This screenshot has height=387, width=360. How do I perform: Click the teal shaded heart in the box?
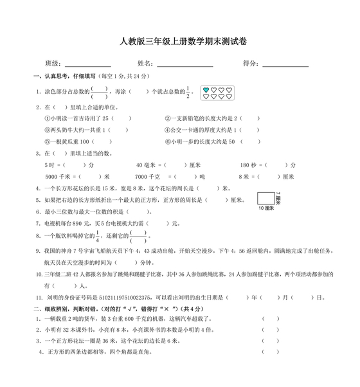(x=206, y=89)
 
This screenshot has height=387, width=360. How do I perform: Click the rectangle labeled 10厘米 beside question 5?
(x=265, y=197)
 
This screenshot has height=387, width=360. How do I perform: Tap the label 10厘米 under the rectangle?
(x=266, y=208)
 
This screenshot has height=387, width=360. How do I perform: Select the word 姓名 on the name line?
(x=145, y=64)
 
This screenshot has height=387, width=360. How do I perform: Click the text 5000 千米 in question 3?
(x=54, y=175)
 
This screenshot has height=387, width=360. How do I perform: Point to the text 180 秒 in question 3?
(x=248, y=165)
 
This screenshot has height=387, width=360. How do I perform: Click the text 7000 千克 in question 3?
(x=147, y=175)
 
